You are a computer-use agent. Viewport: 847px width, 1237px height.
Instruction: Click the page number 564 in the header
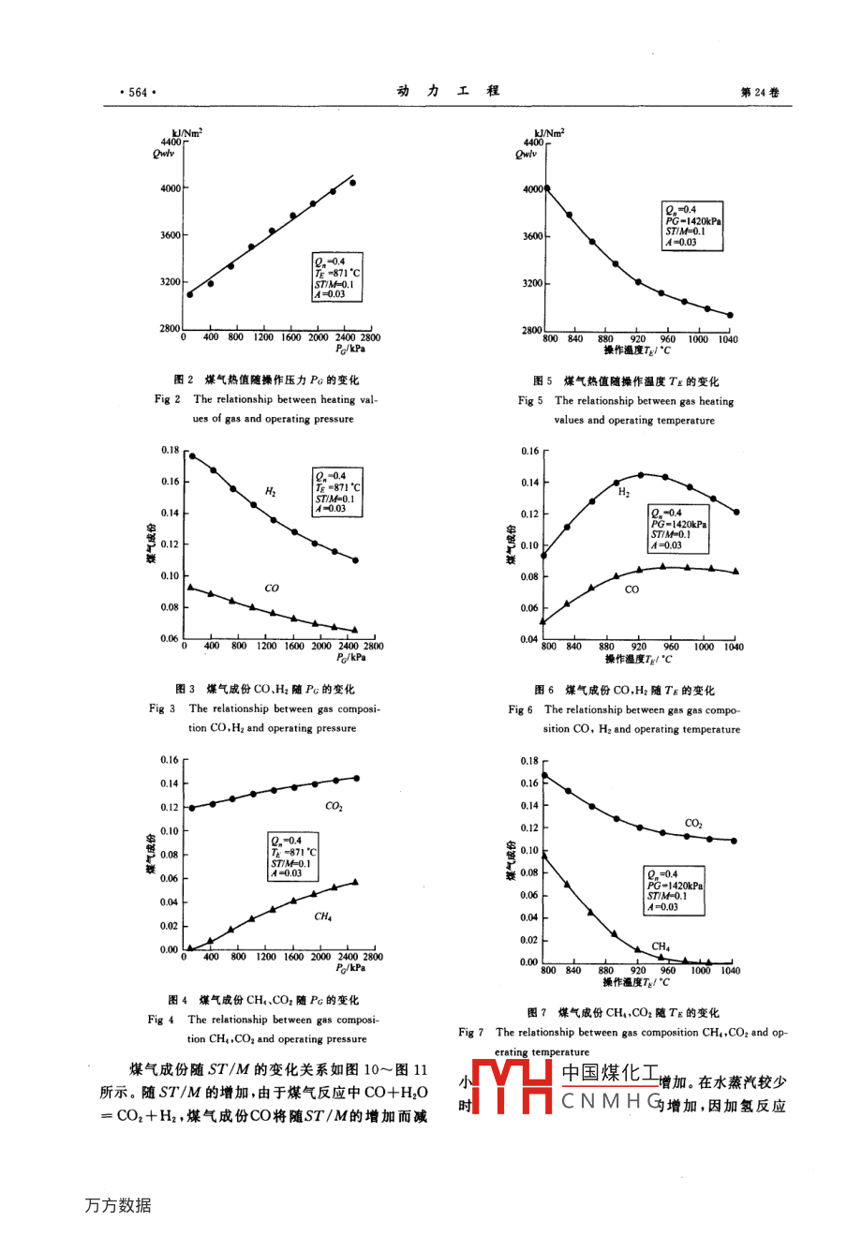[138, 92]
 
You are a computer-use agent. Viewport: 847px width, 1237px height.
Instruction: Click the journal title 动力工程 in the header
[448, 91]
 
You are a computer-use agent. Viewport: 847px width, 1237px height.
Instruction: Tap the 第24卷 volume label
[759, 92]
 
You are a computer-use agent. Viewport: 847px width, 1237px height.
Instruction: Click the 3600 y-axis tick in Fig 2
[170, 235]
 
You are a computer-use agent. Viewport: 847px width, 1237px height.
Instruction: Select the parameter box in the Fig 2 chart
[336, 277]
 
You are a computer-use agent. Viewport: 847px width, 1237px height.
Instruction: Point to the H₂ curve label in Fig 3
[270, 492]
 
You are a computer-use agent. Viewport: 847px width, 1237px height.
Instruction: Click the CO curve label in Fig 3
[272, 589]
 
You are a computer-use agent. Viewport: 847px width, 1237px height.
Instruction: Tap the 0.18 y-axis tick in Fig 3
[169, 450]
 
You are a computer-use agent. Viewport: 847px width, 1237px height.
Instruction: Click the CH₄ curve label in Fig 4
[322, 917]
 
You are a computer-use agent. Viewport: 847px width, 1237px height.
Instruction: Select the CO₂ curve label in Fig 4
[334, 807]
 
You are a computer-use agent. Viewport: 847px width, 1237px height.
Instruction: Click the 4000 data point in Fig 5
[547, 188]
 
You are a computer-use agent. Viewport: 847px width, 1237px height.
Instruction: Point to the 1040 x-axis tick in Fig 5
[728, 339]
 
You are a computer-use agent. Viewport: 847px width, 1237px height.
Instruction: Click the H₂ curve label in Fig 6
[624, 493]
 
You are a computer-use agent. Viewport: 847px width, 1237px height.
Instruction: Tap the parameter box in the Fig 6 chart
[678, 529]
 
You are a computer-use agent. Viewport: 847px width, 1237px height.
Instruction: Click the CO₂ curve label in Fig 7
[693, 824]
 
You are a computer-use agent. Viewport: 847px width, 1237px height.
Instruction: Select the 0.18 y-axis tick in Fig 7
[529, 761]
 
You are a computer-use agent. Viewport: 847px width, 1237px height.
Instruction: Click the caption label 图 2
[184, 380]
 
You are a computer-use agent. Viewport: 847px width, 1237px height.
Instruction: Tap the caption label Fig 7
[470, 1033]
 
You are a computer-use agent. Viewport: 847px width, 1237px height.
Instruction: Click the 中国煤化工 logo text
[610, 1074]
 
